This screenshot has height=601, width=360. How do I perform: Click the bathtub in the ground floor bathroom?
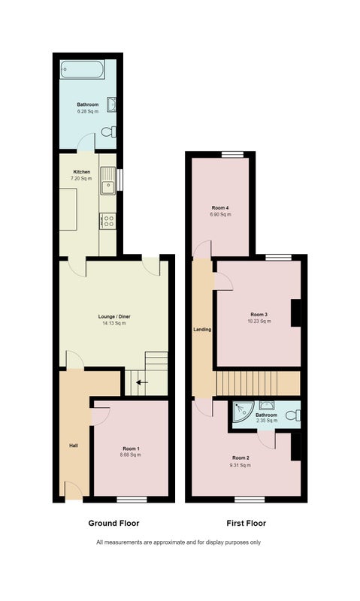[x=82, y=69]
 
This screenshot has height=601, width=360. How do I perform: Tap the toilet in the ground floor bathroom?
[x=109, y=132]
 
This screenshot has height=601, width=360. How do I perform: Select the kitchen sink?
[x=107, y=181]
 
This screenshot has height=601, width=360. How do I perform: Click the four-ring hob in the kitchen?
[x=107, y=221]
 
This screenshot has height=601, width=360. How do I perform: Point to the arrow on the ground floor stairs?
[x=142, y=382]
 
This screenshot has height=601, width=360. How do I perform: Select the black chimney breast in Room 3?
[x=295, y=313]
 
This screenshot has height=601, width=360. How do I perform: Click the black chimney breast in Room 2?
[x=295, y=446]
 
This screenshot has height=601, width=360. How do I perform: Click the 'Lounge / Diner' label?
[x=114, y=316]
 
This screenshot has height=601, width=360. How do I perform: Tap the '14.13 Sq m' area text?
[x=114, y=323]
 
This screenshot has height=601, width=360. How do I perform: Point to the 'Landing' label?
[x=202, y=329]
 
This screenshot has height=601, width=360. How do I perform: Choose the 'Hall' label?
[x=74, y=445]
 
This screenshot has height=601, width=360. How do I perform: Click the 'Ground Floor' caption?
[x=114, y=523]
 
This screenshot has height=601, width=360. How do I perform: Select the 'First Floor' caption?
[x=246, y=523]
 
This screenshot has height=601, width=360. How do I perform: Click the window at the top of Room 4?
[x=233, y=154]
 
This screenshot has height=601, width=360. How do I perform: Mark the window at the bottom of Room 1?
[x=132, y=500]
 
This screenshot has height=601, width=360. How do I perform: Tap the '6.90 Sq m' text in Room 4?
[x=220, y=215]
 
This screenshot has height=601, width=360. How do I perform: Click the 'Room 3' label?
[x=259, y=314]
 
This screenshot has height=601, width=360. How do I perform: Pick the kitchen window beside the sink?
[x=120, y=180]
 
